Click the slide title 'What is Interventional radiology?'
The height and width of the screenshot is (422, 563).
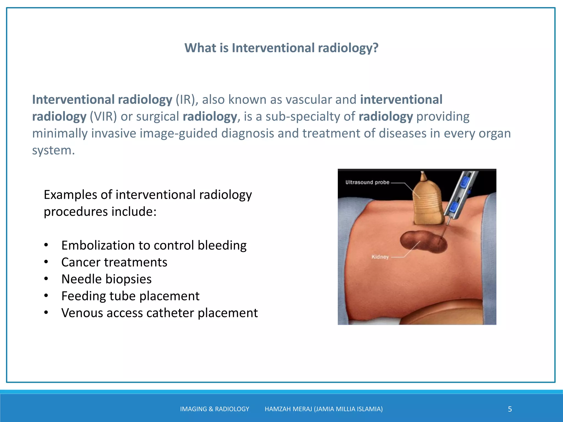point(281,48)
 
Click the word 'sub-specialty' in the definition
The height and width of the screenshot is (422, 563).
point(310,117)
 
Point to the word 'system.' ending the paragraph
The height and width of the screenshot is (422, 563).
point(53,151)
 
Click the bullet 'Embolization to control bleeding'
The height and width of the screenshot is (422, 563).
point(154,245)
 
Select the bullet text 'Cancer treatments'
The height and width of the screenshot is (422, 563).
point(114,262)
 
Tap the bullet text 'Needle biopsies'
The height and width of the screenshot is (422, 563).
point(106,279)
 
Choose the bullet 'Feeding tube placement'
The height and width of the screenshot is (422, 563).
point(130,296)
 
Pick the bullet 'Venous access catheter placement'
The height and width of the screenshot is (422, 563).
point(159,313)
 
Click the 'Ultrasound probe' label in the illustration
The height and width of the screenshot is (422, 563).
point(367,182)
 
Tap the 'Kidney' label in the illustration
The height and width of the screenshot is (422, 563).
point(380,257)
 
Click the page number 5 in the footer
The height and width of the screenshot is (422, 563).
point(510,409)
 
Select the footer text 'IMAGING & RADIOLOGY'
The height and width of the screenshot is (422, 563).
point(214,409)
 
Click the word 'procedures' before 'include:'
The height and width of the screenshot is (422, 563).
point(76,212)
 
